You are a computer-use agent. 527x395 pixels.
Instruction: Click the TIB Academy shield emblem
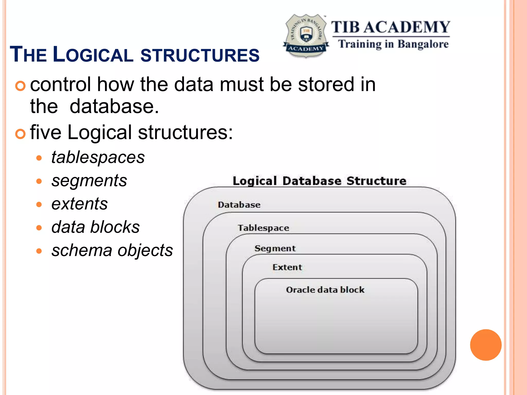coord(306,35)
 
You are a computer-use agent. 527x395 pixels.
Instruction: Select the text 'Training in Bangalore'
coord(393,44)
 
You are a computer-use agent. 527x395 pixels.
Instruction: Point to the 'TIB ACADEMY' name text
coord(390,27)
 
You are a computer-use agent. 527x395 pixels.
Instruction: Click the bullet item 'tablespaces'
coord(98,157)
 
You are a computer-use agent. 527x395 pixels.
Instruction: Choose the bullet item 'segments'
coord(89,181)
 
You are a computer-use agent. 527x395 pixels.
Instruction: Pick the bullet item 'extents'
coord(80,204)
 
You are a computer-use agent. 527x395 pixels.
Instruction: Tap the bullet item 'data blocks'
coord(95,227)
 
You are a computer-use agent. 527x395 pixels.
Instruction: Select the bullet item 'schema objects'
coord(112,250)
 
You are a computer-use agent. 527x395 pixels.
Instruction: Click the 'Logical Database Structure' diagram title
coord(319,181)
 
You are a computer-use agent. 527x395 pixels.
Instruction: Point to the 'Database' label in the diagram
coord(239,205)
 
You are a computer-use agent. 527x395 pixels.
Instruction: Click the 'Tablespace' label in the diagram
coord(263,228)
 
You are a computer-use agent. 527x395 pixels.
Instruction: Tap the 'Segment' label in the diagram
coord(275,248)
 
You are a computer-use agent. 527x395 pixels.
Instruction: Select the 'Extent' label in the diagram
coord(287,267)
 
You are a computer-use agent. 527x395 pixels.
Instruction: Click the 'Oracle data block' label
coord(325,290)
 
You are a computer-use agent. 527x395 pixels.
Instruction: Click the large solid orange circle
coord(486,345)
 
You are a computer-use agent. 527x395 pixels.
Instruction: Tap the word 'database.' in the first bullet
coord(114,106)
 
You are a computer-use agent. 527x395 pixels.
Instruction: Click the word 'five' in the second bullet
coord(46,132)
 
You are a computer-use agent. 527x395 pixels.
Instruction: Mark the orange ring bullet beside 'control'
coord(20,86)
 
